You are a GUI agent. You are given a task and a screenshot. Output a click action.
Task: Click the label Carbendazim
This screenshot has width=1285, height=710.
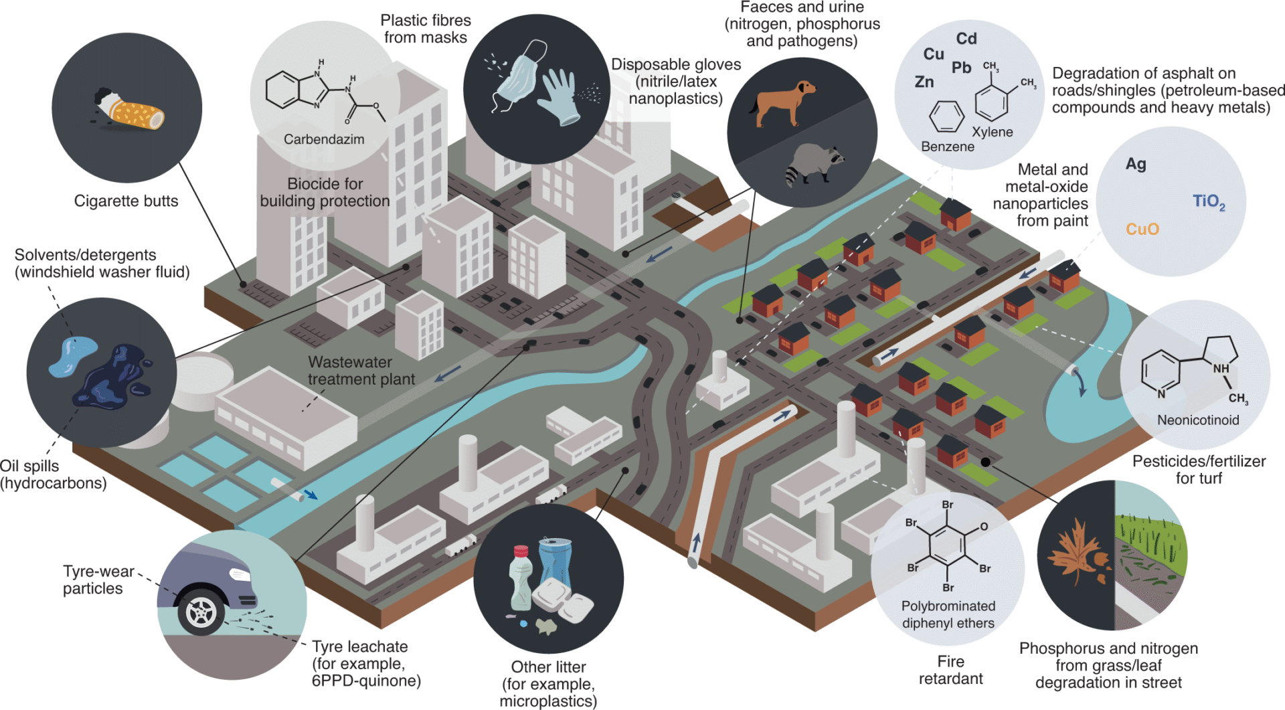[324, 139]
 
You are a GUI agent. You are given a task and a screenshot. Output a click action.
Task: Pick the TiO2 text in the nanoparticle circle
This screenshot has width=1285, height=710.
[1209, 201]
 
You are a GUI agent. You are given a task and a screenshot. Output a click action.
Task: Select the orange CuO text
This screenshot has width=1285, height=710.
[1142, 230]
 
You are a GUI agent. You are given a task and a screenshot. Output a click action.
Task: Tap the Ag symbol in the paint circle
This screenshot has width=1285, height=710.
[1136, 164]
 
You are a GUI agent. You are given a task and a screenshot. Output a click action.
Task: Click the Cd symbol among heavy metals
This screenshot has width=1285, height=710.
[966, 39]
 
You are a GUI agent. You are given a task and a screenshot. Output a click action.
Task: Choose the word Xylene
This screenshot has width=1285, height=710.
[992, 132]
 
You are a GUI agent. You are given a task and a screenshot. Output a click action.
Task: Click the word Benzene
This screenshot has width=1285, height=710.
[947, 147]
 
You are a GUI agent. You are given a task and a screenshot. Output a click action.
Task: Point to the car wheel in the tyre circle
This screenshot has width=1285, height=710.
[201, 612]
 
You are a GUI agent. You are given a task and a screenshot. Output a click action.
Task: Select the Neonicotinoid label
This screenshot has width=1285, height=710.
[1198, 420]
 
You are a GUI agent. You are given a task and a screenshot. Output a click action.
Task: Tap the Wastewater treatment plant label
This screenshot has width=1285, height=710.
[361, 371]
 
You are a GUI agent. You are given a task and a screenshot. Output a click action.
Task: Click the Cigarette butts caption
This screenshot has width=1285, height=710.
[126, 201]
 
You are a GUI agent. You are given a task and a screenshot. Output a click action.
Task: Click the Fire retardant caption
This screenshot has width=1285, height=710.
[950, 670]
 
